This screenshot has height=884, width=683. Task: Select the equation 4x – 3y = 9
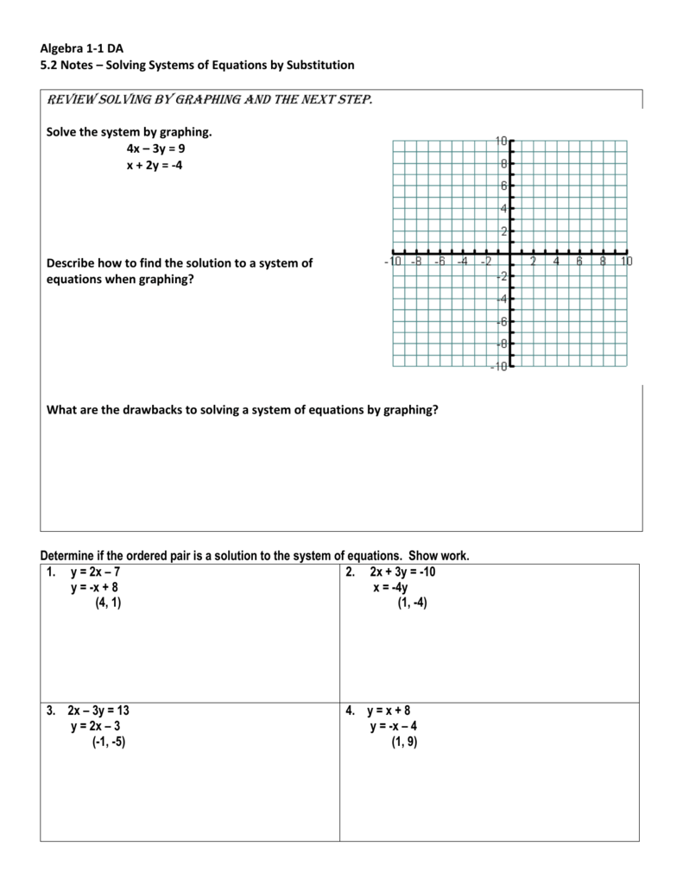click(x=155, y=148)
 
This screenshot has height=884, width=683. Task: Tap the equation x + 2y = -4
click(x=155, y=166)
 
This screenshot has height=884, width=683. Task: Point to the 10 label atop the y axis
click(x=502, y=141)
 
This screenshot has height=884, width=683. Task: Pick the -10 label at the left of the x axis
click(x=393, y=261)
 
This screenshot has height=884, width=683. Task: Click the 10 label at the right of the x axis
click(x=625, y=261)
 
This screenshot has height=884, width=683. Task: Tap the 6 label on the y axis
click(x=503, y=186)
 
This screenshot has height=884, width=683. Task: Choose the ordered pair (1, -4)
click(x=412, y=604)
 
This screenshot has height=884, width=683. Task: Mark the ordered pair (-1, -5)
click(x=109, y=742)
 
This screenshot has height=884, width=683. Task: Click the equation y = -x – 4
click(x=394, y=726)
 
